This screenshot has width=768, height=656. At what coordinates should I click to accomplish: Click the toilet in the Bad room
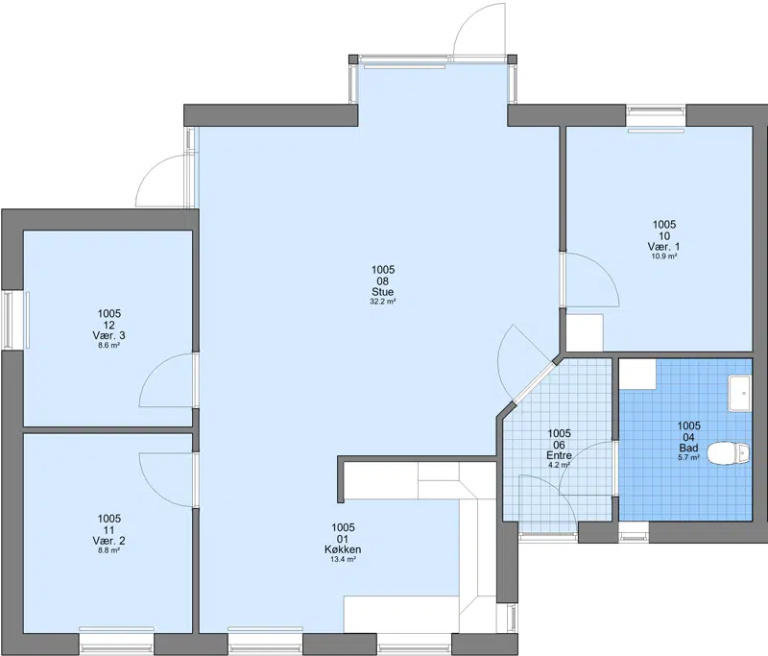click(730, 452)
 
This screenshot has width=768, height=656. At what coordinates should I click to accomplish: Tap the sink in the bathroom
click(739, 393)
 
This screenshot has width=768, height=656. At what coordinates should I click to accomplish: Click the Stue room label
click(382, 292)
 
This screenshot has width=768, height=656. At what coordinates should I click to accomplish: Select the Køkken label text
click(343, 549)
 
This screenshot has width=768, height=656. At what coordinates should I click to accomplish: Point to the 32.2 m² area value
click(382, 302)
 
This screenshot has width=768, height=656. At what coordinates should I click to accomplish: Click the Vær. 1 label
click(663, 247)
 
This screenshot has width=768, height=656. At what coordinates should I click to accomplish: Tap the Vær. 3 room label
click(108, 335)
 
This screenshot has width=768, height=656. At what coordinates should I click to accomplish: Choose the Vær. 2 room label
click(108, 541)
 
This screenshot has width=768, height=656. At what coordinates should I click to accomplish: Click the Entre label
click(559, 455)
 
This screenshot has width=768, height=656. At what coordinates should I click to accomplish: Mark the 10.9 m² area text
click(663, 256)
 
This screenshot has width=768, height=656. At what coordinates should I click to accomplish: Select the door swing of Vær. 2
click(166, 479)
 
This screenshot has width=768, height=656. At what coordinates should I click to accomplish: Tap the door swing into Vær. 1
click(591, 280)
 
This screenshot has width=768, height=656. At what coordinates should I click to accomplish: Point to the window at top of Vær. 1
click(657, 117)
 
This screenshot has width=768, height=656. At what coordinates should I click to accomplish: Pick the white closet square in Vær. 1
click(585, 332)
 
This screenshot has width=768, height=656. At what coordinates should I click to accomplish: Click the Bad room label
click(688, 448)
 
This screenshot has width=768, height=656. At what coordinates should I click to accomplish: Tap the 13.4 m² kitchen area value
click(343, 560)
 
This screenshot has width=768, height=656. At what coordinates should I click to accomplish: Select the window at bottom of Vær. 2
click(116, 637)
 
